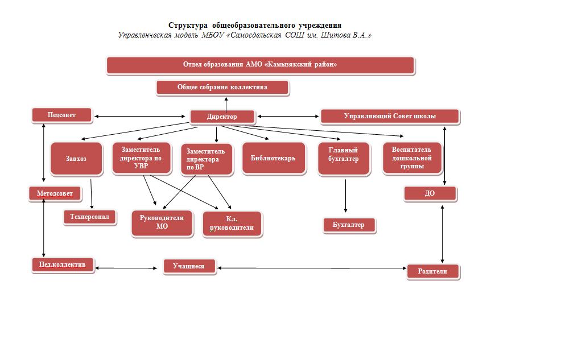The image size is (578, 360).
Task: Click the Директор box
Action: click(222, 117)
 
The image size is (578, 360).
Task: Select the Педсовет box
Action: click(61, 115)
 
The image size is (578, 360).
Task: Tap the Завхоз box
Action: click(76, 159)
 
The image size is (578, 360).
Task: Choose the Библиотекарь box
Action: click(274, 158)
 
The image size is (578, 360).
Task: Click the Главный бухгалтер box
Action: click(344, 159)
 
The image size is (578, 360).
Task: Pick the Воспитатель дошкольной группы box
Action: click(412, 158)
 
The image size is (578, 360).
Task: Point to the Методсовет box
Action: click(55, 194)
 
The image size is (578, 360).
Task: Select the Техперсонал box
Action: click(89, 217)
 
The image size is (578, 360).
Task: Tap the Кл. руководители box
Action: click(232, 224)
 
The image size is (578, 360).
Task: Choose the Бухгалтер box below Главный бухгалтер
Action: click(349, 225)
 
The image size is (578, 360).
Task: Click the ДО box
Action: click(430, 194)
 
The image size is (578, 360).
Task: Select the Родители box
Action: click(433, 272)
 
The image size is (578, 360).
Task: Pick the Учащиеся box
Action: click(189, 266)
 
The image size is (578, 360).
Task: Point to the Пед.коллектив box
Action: click(63, 265)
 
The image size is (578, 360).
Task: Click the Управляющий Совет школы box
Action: click(390, 117)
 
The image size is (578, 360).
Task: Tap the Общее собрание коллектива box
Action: click(222, 88)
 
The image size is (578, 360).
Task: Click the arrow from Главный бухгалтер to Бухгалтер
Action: click(345, 196)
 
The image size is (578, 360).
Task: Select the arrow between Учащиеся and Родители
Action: click(312, 268)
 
